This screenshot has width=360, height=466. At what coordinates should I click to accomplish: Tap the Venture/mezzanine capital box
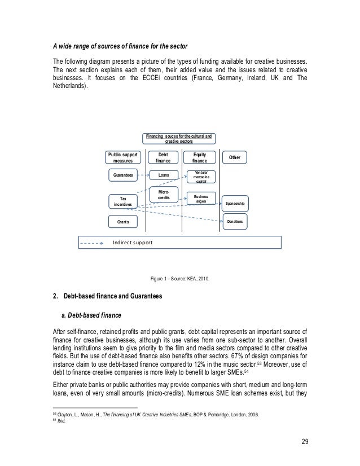[200, 175]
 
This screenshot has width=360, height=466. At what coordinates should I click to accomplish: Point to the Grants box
[123, 222]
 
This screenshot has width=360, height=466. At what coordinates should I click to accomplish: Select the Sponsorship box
[235, 203]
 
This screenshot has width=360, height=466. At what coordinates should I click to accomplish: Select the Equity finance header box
[200, 156]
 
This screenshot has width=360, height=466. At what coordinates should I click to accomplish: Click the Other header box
[235, 157]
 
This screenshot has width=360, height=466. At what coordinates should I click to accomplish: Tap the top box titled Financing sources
[179, 138]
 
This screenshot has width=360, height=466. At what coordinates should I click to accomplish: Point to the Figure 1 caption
[179, 278]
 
